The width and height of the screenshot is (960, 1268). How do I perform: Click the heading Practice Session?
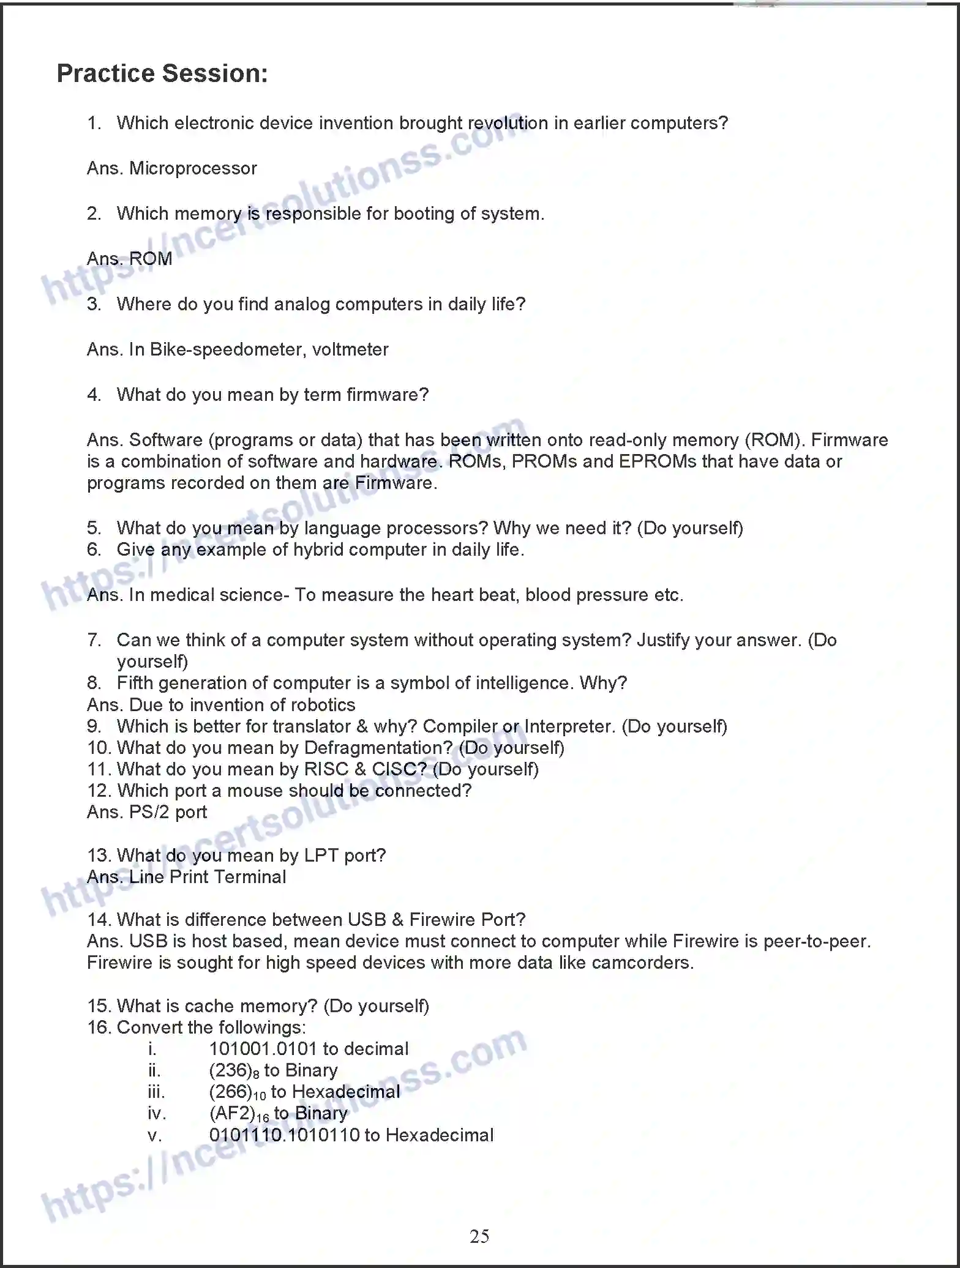[162, 73]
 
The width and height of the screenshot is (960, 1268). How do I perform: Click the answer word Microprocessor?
[193, 168]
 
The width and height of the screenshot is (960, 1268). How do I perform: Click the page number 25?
[479, 1236]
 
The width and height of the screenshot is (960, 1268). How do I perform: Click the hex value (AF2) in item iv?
[232, 1113]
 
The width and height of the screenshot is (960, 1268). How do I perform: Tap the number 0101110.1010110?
[284, 1135]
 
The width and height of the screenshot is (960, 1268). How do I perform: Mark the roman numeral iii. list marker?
[156, 1092]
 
